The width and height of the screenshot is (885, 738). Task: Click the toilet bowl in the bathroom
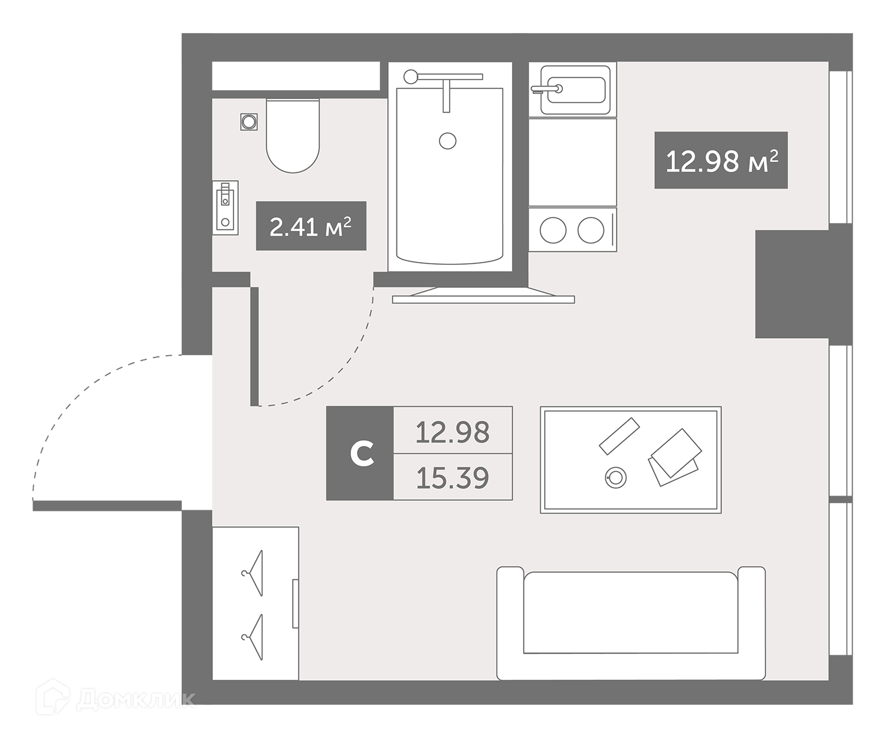pyautogui.click(x=293, y=136)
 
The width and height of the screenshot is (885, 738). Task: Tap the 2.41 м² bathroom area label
pyautogui.click(x=311, y=226)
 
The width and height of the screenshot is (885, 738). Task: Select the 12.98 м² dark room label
pyautogui.click(x=721, y=160)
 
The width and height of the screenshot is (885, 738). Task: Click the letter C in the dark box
pyautogui.click(x=362, y=453)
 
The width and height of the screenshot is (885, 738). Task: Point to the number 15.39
pyautogui.click(x=453, y=478)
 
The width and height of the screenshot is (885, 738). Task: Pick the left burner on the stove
pyautogui.click(x=553, y=230)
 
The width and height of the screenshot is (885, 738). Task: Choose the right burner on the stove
pyautogui.click(x=591, y=230)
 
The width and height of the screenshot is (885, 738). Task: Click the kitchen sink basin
pyautogui.click(x=576, y=90)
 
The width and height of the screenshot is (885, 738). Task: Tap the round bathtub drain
pyautogui.click(x=448, y=141)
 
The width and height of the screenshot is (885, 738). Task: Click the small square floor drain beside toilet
pyautogui.click(x=249, y=122)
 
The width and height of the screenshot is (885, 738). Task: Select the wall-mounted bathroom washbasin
pyautogui.click(x=225, y=208)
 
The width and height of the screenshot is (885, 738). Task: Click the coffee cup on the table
pyautogui.click(x=615, y=478)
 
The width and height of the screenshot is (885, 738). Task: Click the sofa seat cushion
pyautogui.click(x=631, y=612)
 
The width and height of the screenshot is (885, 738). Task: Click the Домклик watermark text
pyautogui.click(x=136, y=700)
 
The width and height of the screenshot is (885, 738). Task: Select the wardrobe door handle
pyautogui.click(x=296, y=603)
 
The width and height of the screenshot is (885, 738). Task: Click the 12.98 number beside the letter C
pyautogui.click(x=453, y=432)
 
